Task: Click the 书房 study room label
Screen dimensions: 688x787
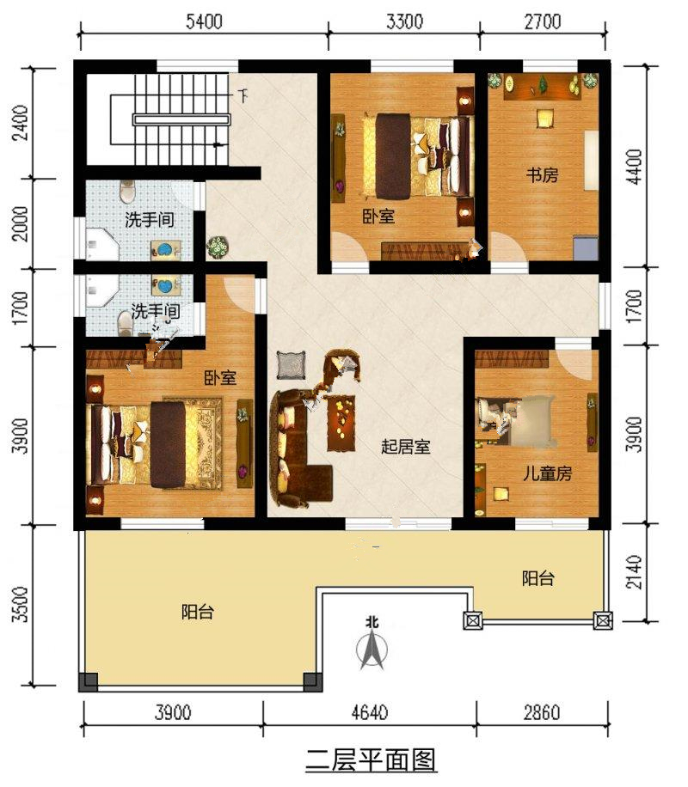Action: coord(542,175)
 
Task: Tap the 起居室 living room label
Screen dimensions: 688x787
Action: coord(406,446)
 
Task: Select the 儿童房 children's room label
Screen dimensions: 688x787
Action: coord(547,473)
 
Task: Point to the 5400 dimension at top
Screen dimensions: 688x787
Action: coord(204,22)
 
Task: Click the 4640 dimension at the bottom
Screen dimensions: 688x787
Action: coord(370,712)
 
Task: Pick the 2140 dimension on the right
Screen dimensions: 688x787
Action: coord(634,571)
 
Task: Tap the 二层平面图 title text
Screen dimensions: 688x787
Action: coord(372,760)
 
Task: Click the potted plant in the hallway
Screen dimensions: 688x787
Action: coord(218,247)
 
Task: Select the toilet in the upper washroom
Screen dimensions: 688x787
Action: coord(127,192)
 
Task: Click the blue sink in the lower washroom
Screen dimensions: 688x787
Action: coord(165,285)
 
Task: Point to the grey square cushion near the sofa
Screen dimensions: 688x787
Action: coord(291,365)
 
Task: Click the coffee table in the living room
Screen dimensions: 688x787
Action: coord(341,423)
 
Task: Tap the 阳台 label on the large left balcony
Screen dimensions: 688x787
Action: coord(198,612)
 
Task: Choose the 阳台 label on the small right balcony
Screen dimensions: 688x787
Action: coord(537,578)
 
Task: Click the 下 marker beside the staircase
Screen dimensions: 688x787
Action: coord(243,95)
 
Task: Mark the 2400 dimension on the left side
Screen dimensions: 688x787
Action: coord(21,123)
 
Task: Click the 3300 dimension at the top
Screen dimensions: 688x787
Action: coord(405,22)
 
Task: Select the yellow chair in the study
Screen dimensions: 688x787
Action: coord(544,119)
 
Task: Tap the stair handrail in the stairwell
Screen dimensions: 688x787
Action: coord(181,119)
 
